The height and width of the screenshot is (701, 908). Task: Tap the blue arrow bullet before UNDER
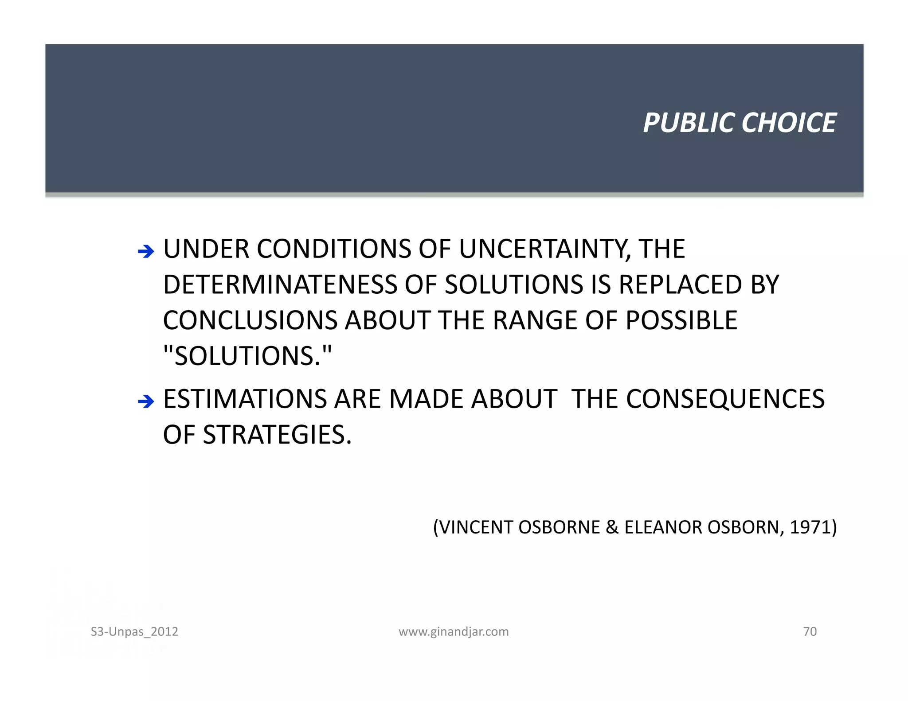[x=146, y=252]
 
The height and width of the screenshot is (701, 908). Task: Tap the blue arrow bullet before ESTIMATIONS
[x=146, y=402]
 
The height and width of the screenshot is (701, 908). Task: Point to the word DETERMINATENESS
[x=280, y=285]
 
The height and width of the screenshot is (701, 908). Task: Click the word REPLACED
[x=681, y=285]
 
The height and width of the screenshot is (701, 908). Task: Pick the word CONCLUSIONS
[x=250, y=320]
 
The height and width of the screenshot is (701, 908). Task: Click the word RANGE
[x=535, y=320]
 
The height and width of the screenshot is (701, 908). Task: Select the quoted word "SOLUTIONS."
[x=247, y=356]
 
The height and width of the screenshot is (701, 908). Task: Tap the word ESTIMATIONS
[x=245, y=399]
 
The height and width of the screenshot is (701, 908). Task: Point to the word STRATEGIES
[x=277, y=435]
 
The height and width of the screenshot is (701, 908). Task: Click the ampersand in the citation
[x=612, y=527]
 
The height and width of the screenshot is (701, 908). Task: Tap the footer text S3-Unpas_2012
[x=134, y=631]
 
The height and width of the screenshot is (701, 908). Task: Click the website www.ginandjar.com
[x=454, y=631]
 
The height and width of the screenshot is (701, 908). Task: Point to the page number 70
[x=810, y=631]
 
